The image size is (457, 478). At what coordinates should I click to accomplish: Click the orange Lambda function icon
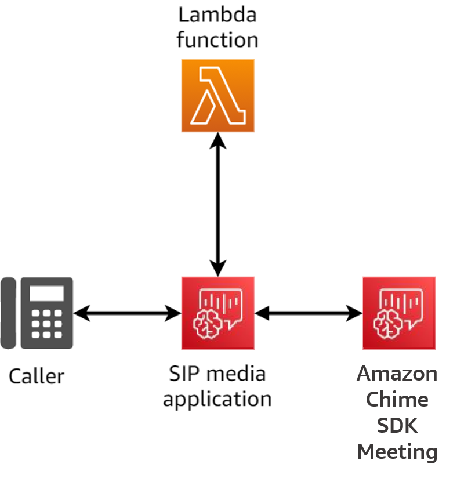[x=217, y=95]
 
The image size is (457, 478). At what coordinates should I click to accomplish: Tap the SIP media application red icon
[x=217, y=313]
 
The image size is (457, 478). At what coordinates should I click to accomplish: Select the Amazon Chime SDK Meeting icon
[x=399, y=313]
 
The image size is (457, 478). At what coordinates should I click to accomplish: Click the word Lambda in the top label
[x=217, y=15]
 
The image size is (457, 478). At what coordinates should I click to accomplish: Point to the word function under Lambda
[x=217, y=40]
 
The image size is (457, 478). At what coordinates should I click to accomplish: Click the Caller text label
[x=37, y=376]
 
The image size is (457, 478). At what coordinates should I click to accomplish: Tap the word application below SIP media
[x=217, y=399]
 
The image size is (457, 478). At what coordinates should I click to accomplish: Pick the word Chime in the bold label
[x=397, y=400]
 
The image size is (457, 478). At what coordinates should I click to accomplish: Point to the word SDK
[x=397, y=425]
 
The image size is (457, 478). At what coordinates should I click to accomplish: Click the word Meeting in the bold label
[x=397, y=451]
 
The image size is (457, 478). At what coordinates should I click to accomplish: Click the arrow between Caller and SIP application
[x=128, y=314]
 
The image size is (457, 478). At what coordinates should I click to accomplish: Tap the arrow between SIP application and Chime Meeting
[x=309, y=314]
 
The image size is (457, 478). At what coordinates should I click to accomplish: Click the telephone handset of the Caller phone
[x=9, y=313]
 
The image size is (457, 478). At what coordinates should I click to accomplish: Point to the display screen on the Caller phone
[x=46, y=294]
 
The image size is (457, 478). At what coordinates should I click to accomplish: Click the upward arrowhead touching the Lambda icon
[x=217, y=139]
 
